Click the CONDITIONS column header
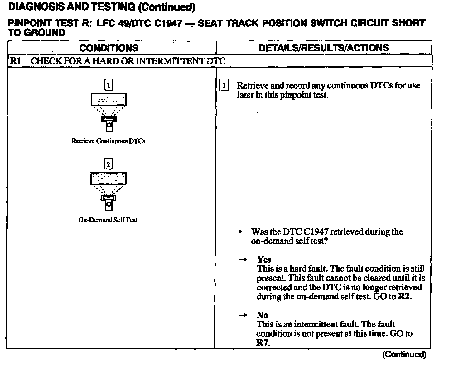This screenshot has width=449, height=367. [x=109, y=48]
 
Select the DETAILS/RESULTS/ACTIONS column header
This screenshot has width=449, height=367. [x=324, y=48]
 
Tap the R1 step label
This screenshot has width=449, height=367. [x=15, y=61]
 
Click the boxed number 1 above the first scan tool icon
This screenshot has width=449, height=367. [x=108, y=85]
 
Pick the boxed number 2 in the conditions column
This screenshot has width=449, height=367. [x=108, y=164]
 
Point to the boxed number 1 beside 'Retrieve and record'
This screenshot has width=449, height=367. [x=224, y=85]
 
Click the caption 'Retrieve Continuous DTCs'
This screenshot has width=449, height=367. [x=108, y=141]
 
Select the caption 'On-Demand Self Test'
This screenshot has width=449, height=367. [x=108, y=220]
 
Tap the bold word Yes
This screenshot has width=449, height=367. [x=264, y=260]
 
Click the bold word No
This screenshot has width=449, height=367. [x=263, y=315]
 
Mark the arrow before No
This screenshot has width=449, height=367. [x=243, y=315]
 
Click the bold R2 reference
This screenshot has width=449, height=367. [x=404, y=296]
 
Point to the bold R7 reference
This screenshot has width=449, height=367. [x=263, y=343]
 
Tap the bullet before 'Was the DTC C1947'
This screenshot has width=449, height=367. [x=240, y=232]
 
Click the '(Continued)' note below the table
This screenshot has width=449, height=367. [x=404, y=355]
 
